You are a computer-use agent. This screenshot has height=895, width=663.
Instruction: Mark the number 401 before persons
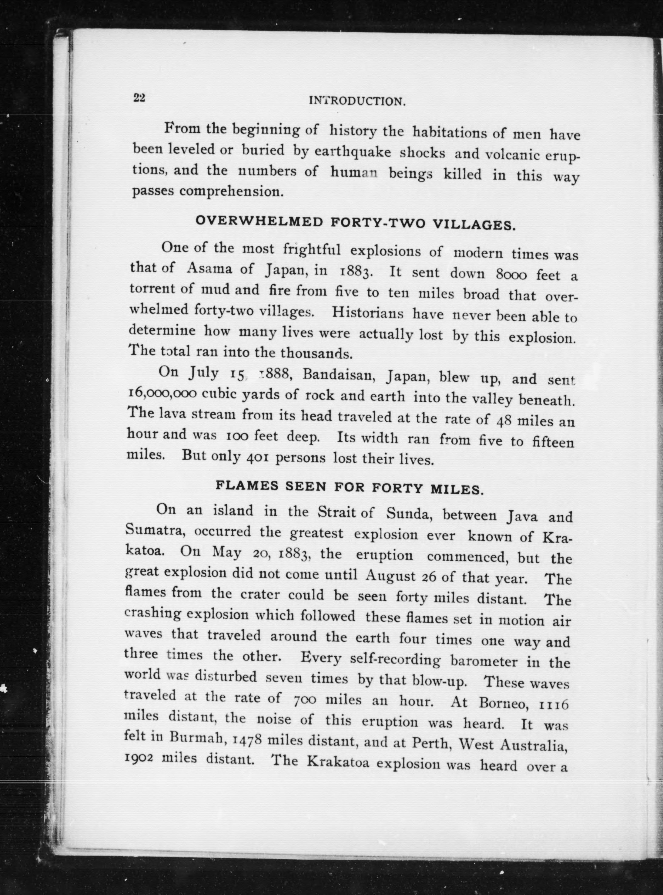254,457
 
